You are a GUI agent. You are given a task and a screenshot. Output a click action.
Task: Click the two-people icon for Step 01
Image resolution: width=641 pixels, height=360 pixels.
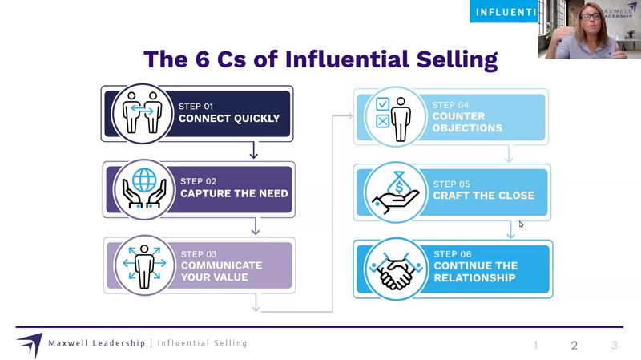pos(142,113)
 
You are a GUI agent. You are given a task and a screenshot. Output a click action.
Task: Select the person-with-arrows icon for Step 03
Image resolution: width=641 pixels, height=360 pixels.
pos(144,261)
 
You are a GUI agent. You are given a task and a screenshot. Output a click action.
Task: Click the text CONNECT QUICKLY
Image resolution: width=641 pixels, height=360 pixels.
pos(229,119)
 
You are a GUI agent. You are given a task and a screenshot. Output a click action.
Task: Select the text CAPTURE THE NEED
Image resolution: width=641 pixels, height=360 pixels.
pos(234,193)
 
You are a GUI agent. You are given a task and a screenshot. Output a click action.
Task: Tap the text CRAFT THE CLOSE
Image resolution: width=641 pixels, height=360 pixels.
pos(483,196)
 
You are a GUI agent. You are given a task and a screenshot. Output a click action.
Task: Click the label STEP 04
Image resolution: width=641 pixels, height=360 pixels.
pos(450,105)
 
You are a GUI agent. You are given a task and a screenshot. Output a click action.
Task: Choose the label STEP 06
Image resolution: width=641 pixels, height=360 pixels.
pos(452,254)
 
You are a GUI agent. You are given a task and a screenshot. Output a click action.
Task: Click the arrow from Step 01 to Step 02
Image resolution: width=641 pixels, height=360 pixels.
pos(254,150)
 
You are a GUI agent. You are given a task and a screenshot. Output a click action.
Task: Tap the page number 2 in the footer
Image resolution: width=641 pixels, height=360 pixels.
pos(574,346)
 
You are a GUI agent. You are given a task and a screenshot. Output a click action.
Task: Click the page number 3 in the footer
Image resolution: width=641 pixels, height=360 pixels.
pos(615,346)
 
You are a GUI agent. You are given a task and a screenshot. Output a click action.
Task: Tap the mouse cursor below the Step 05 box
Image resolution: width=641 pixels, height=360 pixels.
pos(521,224)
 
